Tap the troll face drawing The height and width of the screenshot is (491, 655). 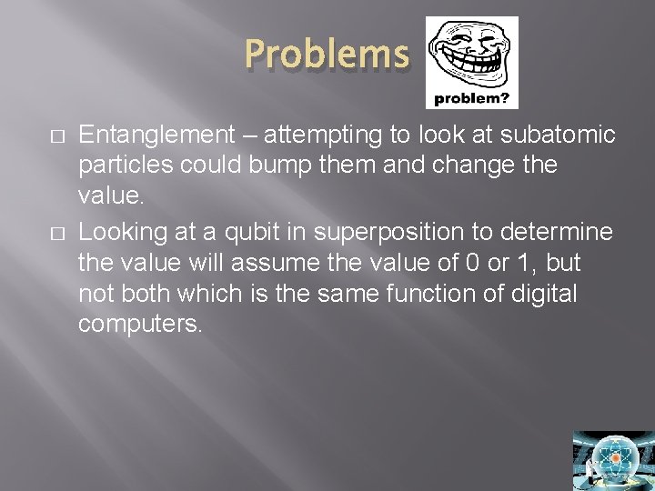(471, 52)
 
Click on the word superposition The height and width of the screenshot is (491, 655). (381, 233)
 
